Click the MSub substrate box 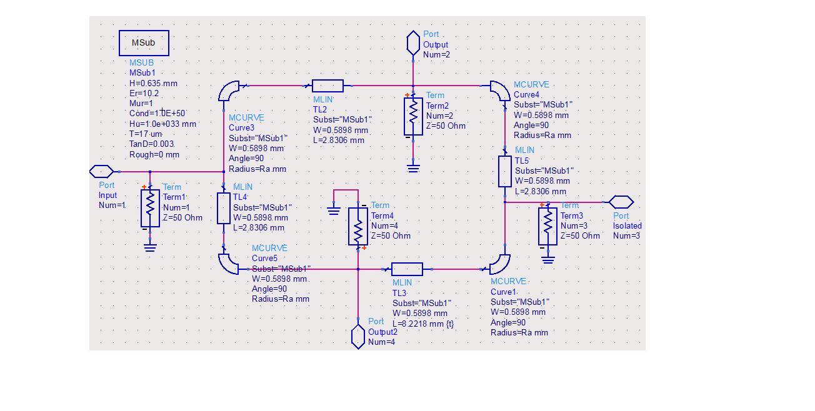tap(144, 42)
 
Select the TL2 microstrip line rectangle tap(327, 86)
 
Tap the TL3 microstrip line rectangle tap(407, 269)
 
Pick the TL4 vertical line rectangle tap(223, 208)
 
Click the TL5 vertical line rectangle tap(504, 171)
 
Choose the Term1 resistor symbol tap(150, 209)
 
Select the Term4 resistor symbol tap(358, 226)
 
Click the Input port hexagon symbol tap(102, 171)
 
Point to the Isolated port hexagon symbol tap(621, 202)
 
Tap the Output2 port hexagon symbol tap(357, 336)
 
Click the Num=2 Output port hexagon tap(413, 43)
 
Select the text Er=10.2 tap(144, 93)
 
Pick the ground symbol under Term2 tap(413, 167)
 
